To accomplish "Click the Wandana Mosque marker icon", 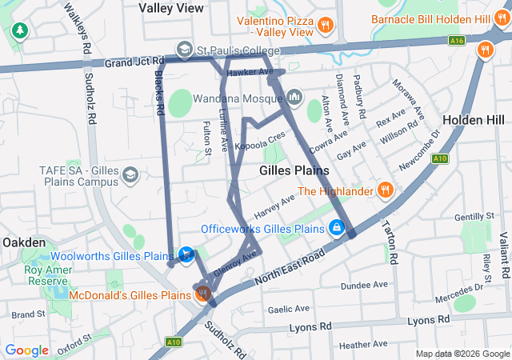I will point(294,97).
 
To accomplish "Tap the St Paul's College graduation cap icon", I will point(185,50).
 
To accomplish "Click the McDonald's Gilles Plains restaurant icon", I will point(204,294).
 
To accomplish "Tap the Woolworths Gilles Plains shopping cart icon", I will point(186,255).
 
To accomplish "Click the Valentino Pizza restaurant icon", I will point(325,25).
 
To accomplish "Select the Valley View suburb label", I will point(170,7).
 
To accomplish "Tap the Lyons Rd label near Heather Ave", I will point(424,321).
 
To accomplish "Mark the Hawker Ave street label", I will point(250,73).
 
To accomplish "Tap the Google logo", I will point(27,350).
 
